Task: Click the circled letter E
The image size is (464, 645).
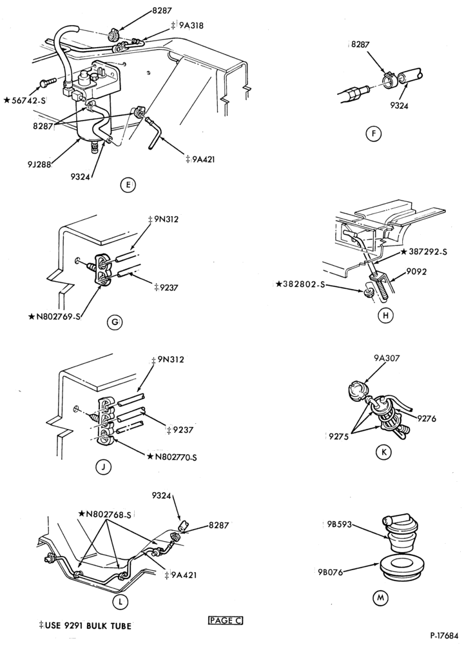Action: (128, 186)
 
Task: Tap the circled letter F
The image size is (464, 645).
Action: (374, 134)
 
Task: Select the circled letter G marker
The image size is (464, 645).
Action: (115, 322)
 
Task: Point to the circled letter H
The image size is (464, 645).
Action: (385, 315)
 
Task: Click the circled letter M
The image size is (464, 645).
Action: (380, 597)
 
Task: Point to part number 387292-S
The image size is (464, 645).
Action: (425, 252)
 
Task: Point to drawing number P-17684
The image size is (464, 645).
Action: (446, 635)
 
